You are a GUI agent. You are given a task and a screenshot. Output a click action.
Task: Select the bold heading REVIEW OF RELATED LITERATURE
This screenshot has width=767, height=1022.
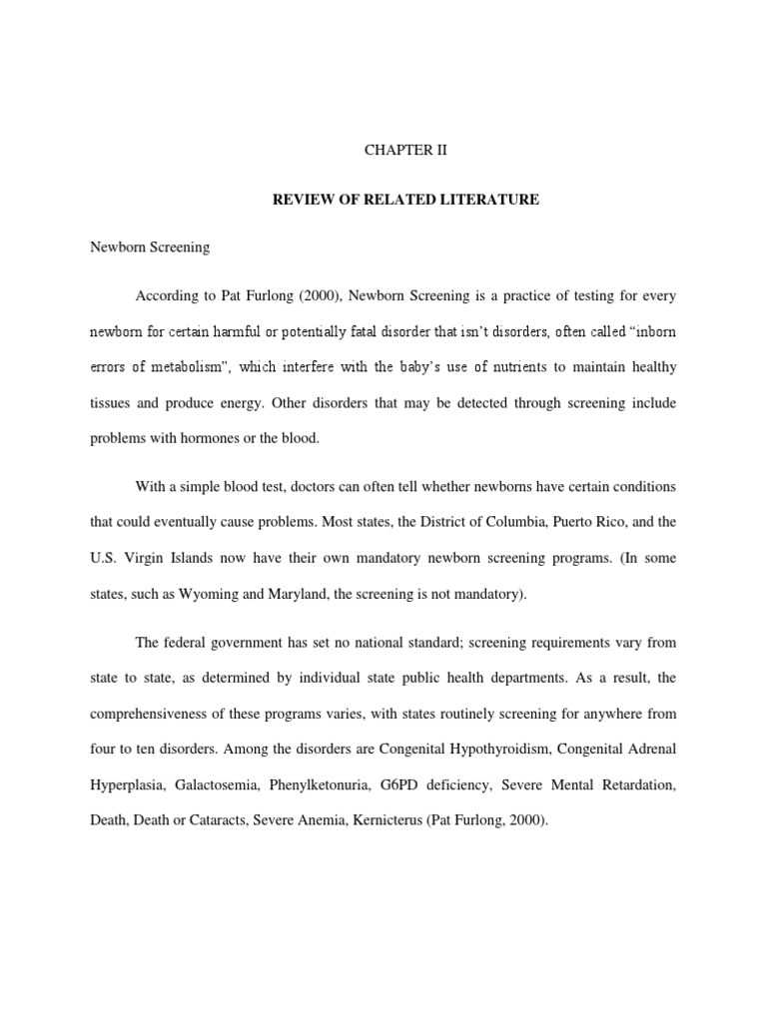click(406, 201)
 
